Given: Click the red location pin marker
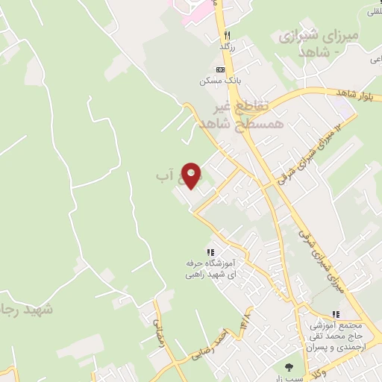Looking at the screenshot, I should point(192,176).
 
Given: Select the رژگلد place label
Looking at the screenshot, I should point(226,47).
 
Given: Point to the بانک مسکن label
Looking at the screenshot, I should point(215,81).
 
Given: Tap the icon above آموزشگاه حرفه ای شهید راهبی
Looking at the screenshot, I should point(210,252).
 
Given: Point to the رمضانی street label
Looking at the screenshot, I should point(157,324).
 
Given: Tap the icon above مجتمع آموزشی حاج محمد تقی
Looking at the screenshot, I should point(335,314).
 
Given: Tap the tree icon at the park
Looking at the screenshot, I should point(289,366).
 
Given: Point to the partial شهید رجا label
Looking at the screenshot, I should point(26,308).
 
